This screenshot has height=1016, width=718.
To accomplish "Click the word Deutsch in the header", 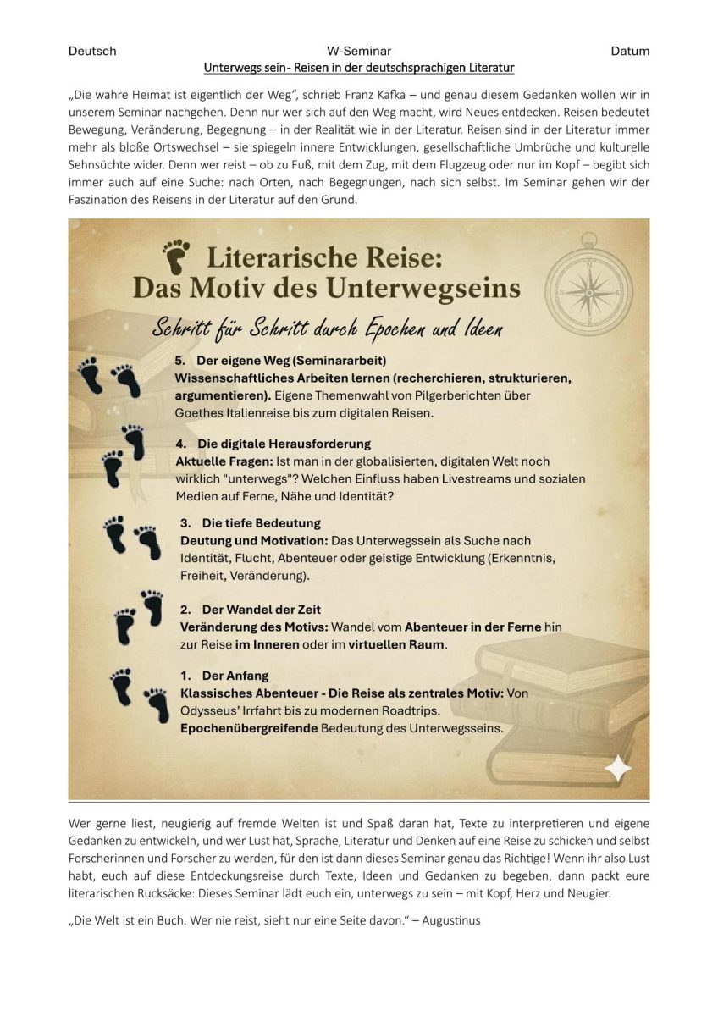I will (x=92, y=51).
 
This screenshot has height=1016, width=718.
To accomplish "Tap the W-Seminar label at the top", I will (x=358, y=51).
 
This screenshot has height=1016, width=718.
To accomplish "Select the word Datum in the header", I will (x=630, y=51).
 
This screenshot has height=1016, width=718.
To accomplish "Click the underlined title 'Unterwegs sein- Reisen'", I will (x=359, y=66).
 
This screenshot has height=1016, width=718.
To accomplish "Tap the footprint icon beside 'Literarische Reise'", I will (x=177, y=253).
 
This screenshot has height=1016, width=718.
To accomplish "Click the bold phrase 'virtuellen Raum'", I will (x=398, y=644).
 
